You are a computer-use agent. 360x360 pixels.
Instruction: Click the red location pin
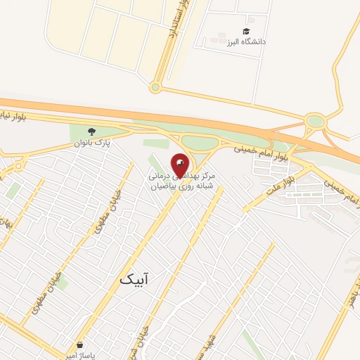click(x=180, y=166)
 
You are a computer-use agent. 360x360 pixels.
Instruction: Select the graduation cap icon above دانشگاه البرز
click(x=246, y=32)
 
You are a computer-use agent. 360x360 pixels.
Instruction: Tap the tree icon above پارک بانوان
click(x=91, y=131)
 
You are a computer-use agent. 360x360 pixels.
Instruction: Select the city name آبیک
click(x=134, y=280)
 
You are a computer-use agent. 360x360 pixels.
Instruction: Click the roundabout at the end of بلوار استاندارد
click(x=155, y=87)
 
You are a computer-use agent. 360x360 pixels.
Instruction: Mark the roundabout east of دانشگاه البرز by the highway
click(x=316, y=122)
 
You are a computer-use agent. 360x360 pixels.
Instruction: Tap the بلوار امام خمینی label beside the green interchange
click(x=241, y=148)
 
